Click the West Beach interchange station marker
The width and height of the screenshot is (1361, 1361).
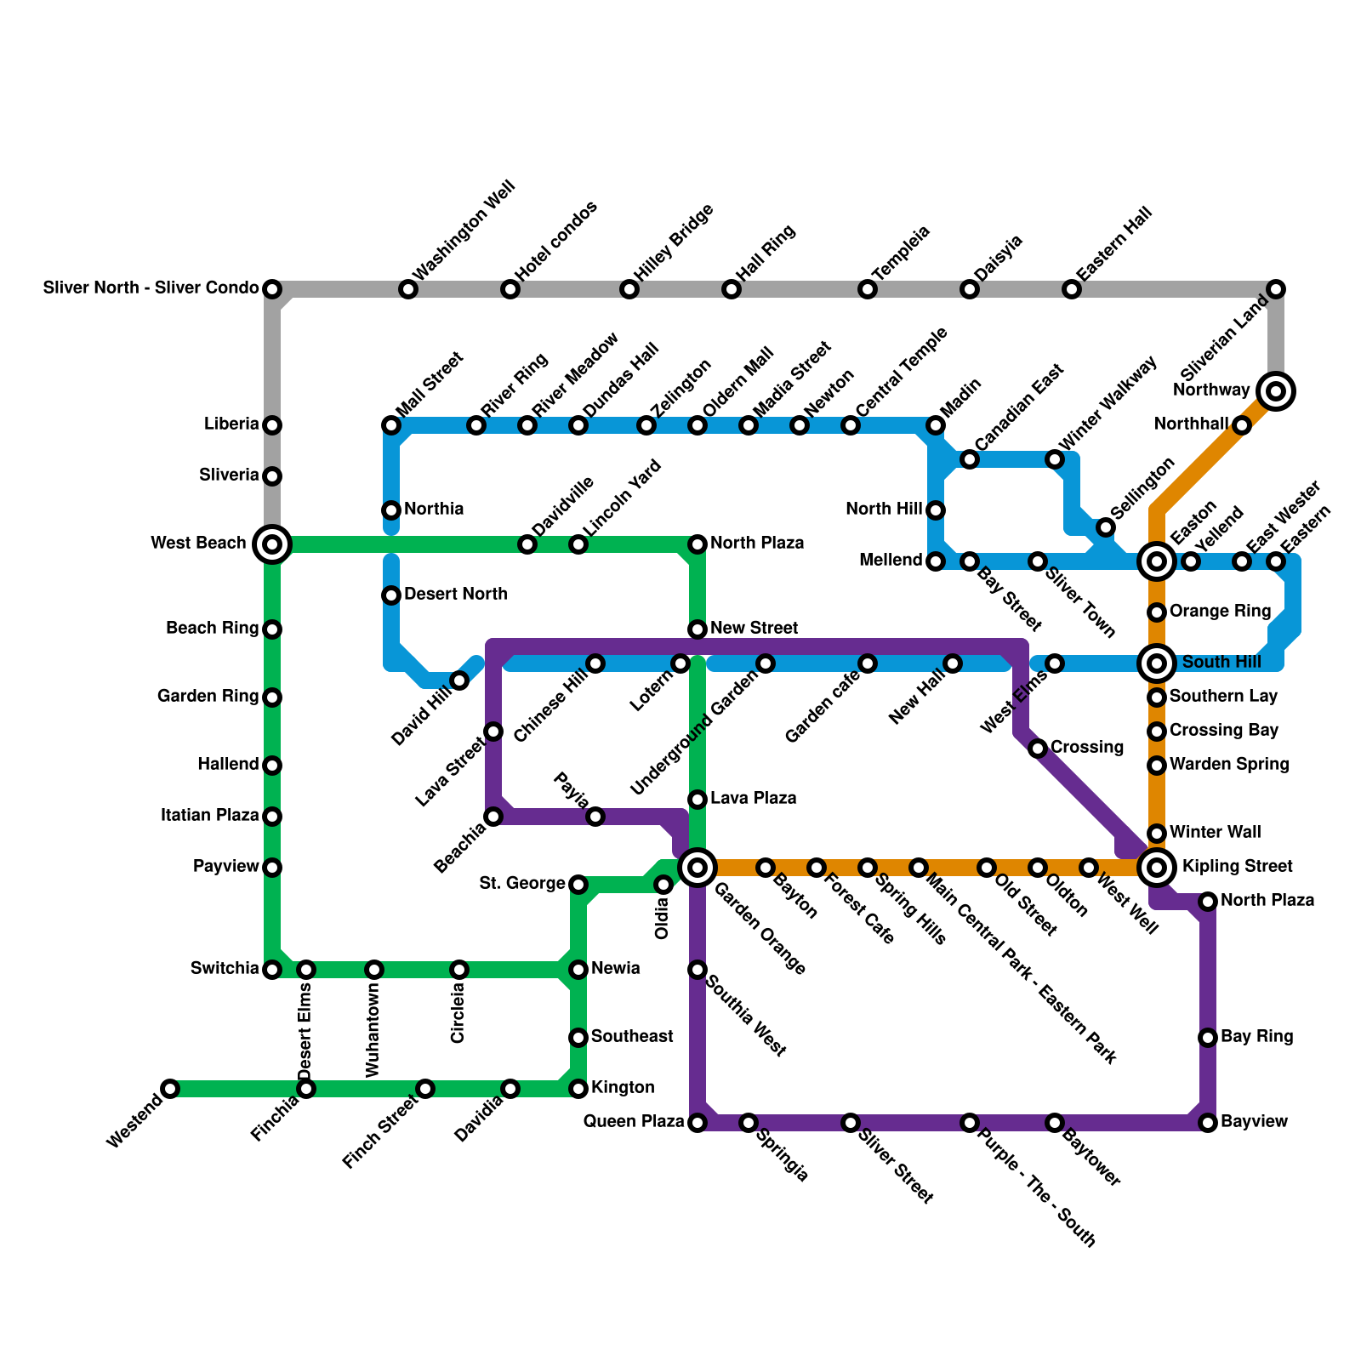[x=272, y=544]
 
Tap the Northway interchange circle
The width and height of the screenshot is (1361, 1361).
[x=1275, y=391]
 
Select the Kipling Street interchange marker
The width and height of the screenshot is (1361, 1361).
[x=1157, y=867]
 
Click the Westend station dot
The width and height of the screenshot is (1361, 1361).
[x=170, y=1089]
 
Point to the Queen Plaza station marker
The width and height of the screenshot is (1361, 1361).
[x=698, y=1123]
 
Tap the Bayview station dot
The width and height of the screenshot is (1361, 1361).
[x=1208, y=1123]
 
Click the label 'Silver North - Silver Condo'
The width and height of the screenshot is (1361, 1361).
[x=151, y=288]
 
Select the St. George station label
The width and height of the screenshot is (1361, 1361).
[x=522, y=884]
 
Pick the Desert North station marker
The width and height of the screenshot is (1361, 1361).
[x=391, y=595]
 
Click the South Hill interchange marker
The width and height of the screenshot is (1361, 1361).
[x=1157, y=663]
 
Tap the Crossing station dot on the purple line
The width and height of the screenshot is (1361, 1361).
[x=1038, y=749]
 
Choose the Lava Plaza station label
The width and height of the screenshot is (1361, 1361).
[x=753, y=799]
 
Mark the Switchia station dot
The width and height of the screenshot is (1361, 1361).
[x=272, y=970]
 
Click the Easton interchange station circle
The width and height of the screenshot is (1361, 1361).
[x=1157, y=561]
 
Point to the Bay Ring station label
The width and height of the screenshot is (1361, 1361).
[x=1256, y=1037]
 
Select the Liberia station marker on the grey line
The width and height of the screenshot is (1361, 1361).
[x=272, y=424]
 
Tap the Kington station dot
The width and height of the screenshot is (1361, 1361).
[x=578, y=1089]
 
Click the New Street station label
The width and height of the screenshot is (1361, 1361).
[x=754, y=629]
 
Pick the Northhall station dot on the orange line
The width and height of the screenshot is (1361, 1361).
[x=1242, y=425]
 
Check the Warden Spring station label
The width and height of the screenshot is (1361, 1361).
[x=1228, y=765]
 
